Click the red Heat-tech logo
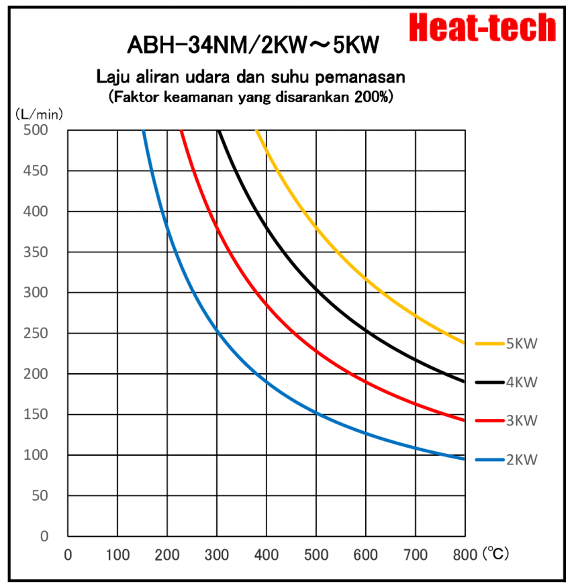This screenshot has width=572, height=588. [x=483, y=28]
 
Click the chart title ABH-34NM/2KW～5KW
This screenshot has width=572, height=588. [x=253, y=45]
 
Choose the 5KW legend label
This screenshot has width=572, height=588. [x=522, y=344]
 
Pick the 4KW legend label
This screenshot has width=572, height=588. [x=522, y=383]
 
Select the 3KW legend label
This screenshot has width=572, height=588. [x=522, y=421]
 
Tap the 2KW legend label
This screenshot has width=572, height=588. [x=522, y=460]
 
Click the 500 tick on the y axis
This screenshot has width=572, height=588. [x=37, y=130]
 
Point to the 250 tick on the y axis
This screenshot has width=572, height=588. [x=37, y=333]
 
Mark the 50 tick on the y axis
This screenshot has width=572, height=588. [x=41, y=495]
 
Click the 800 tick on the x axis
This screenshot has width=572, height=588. [x=465, y=554]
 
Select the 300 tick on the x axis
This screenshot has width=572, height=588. [x=217, y=554]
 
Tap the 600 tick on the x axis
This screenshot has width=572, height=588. [x=366, y=554]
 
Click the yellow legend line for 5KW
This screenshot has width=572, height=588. [x=489, y=344]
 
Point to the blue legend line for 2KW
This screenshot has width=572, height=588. [x=489, y=460]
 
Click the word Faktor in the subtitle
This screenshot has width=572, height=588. [x=134, y=97]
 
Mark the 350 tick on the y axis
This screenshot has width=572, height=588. [x=37, y=252]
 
